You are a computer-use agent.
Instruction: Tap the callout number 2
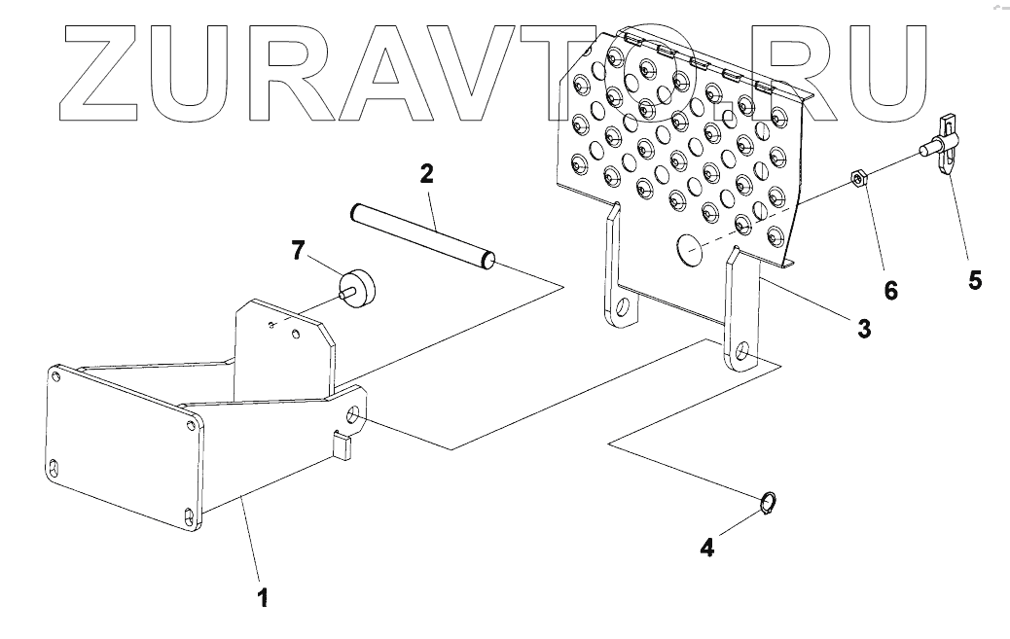[x=426, y=175]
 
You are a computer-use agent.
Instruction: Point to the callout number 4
[x=707, y=547]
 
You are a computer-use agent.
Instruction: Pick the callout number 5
[x=974, y=281]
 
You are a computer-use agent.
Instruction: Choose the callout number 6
[x=890, y=290]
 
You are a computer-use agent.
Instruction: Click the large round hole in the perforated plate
[x=689, y=250]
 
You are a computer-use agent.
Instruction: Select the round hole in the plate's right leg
[x=742, y=353]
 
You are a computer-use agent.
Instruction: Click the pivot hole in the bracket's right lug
[x=352, y=420]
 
